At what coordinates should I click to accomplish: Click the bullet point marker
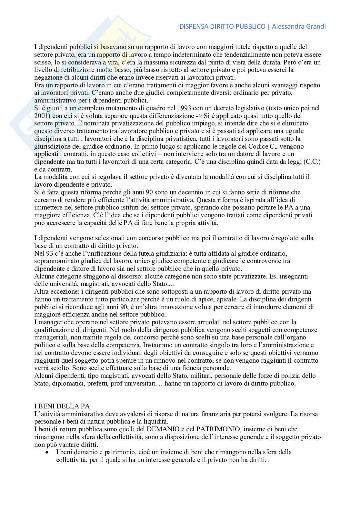47,453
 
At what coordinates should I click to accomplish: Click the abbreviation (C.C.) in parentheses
312,162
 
